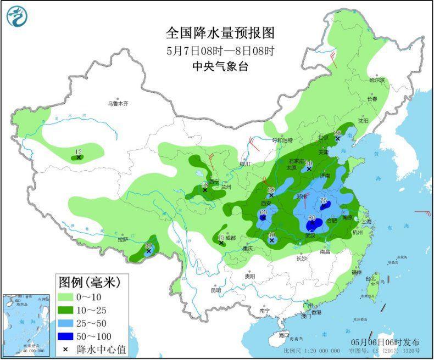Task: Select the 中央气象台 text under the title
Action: tap(220, 67)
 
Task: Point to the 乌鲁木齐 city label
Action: tap(118, 103)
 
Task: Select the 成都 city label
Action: tap(230, 238)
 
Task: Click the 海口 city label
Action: tap(283, 334)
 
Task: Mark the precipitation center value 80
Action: tap(312, 218)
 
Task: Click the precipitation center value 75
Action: tap(324, 201)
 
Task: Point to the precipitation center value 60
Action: tap(263, 212)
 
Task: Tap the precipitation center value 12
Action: tap(78, 152)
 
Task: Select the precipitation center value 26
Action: tap(338, 133)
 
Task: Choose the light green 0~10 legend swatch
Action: tap(68, 297)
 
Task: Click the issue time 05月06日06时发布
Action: tap(385, 341)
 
